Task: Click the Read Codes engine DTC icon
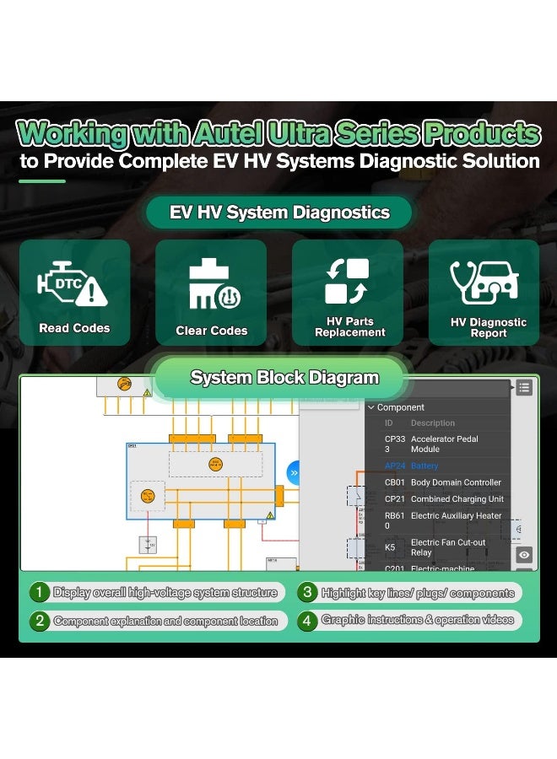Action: point(73,284)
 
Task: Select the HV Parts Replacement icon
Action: point(348,281)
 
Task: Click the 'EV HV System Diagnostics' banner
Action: point(279,212)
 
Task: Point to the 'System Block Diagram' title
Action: point(284,377)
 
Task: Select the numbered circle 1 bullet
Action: point(40,592)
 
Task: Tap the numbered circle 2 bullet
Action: point(40,621)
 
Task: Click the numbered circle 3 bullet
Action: point(307,592)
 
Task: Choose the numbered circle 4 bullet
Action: point(307,621)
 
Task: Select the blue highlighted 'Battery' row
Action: point(425,466)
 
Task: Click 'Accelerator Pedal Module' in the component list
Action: point(444,444)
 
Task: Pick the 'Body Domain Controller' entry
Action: point(456,482)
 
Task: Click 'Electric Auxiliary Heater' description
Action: point(456,516)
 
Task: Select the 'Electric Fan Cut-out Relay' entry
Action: point(447,547)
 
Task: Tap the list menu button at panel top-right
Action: point(524,387)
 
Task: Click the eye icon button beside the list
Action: point(524,554)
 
